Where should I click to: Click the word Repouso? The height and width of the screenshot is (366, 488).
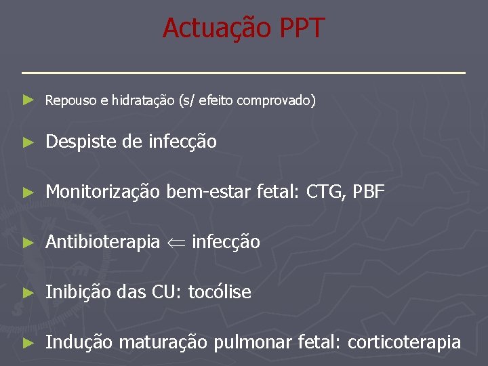coord(69,101)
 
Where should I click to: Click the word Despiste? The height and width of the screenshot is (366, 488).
coord(77,142)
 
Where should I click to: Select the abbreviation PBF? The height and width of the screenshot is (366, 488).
coord(369,192)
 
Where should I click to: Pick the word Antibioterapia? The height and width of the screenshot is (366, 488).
coord(102,242)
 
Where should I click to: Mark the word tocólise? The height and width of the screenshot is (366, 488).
coord(220,292)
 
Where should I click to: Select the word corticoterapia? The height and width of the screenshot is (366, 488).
coord(405,342)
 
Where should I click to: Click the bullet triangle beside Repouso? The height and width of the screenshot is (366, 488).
coord(27,100)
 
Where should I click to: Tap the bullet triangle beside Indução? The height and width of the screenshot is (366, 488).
coord(27,342)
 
